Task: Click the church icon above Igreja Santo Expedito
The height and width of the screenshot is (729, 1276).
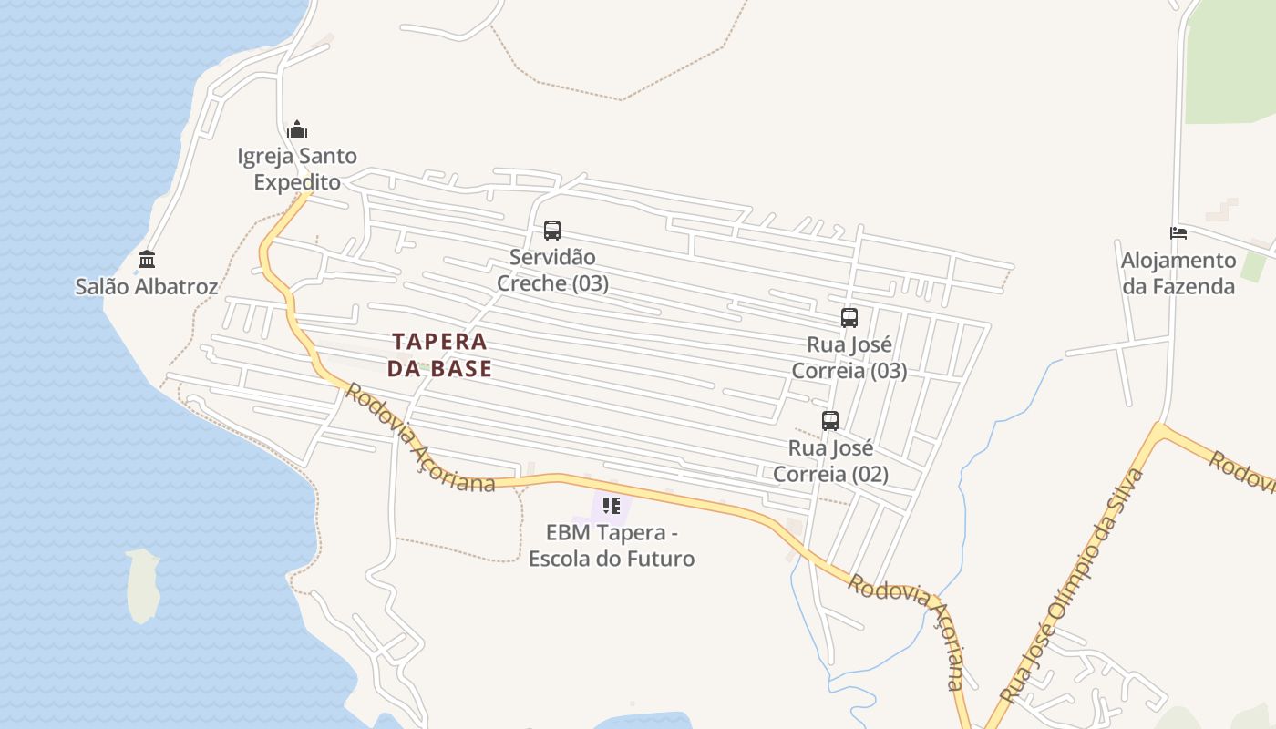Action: pos(297,129)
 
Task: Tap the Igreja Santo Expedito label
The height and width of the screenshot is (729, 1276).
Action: pos(297,169)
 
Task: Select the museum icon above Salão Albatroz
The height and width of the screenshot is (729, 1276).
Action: pos(147,260)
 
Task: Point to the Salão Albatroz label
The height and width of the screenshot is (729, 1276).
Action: pos(147,287)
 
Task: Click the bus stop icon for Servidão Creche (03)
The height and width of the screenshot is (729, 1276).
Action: pos(551,231)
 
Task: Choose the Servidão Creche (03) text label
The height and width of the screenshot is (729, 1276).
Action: pos(552,271)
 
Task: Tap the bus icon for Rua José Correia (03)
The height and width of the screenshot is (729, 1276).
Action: pos(849,318)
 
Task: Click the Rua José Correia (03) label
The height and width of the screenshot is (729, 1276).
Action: pos(849,358)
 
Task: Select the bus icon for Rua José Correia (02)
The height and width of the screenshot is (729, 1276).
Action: pos(829,421)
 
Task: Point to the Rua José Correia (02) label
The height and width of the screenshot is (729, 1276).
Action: pos(830,461)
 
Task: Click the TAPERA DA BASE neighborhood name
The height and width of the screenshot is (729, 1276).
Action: pos(439,355)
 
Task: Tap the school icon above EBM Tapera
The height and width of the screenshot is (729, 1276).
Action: pos(611,505)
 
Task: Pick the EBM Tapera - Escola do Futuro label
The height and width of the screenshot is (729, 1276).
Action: pos(612,545)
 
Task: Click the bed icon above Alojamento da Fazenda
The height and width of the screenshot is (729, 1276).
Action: pos(1178,233)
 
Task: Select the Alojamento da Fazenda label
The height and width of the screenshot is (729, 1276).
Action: pos(1178,273)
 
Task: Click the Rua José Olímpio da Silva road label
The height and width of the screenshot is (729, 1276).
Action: pos(1073,585)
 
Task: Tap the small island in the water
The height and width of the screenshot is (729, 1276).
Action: pos(143,584)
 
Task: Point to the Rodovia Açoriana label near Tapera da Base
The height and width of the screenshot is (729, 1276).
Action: pos(420,440)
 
